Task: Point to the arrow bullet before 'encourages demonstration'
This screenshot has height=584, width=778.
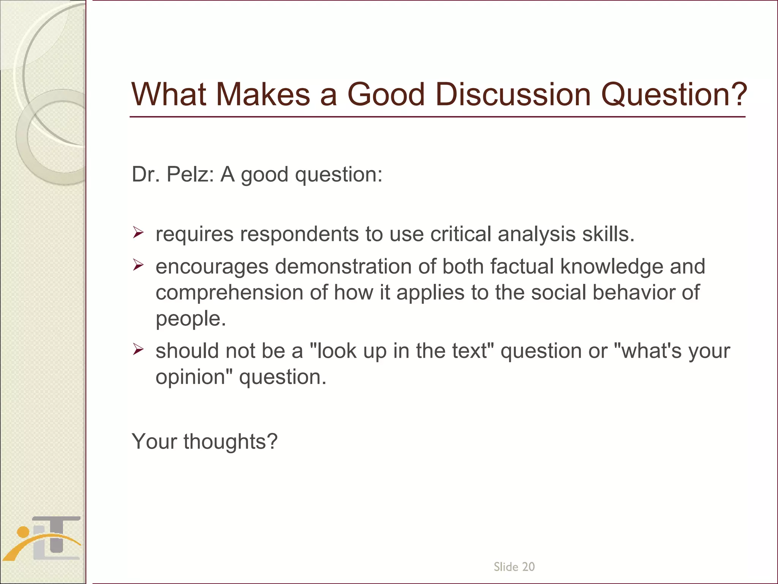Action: click(x=138, y=265)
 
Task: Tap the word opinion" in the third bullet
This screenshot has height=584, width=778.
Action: click(x=194, y=378)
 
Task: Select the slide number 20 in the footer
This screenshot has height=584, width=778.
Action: click(x=528, y=567)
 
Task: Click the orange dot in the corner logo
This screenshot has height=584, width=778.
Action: click(x=23, y=532)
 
